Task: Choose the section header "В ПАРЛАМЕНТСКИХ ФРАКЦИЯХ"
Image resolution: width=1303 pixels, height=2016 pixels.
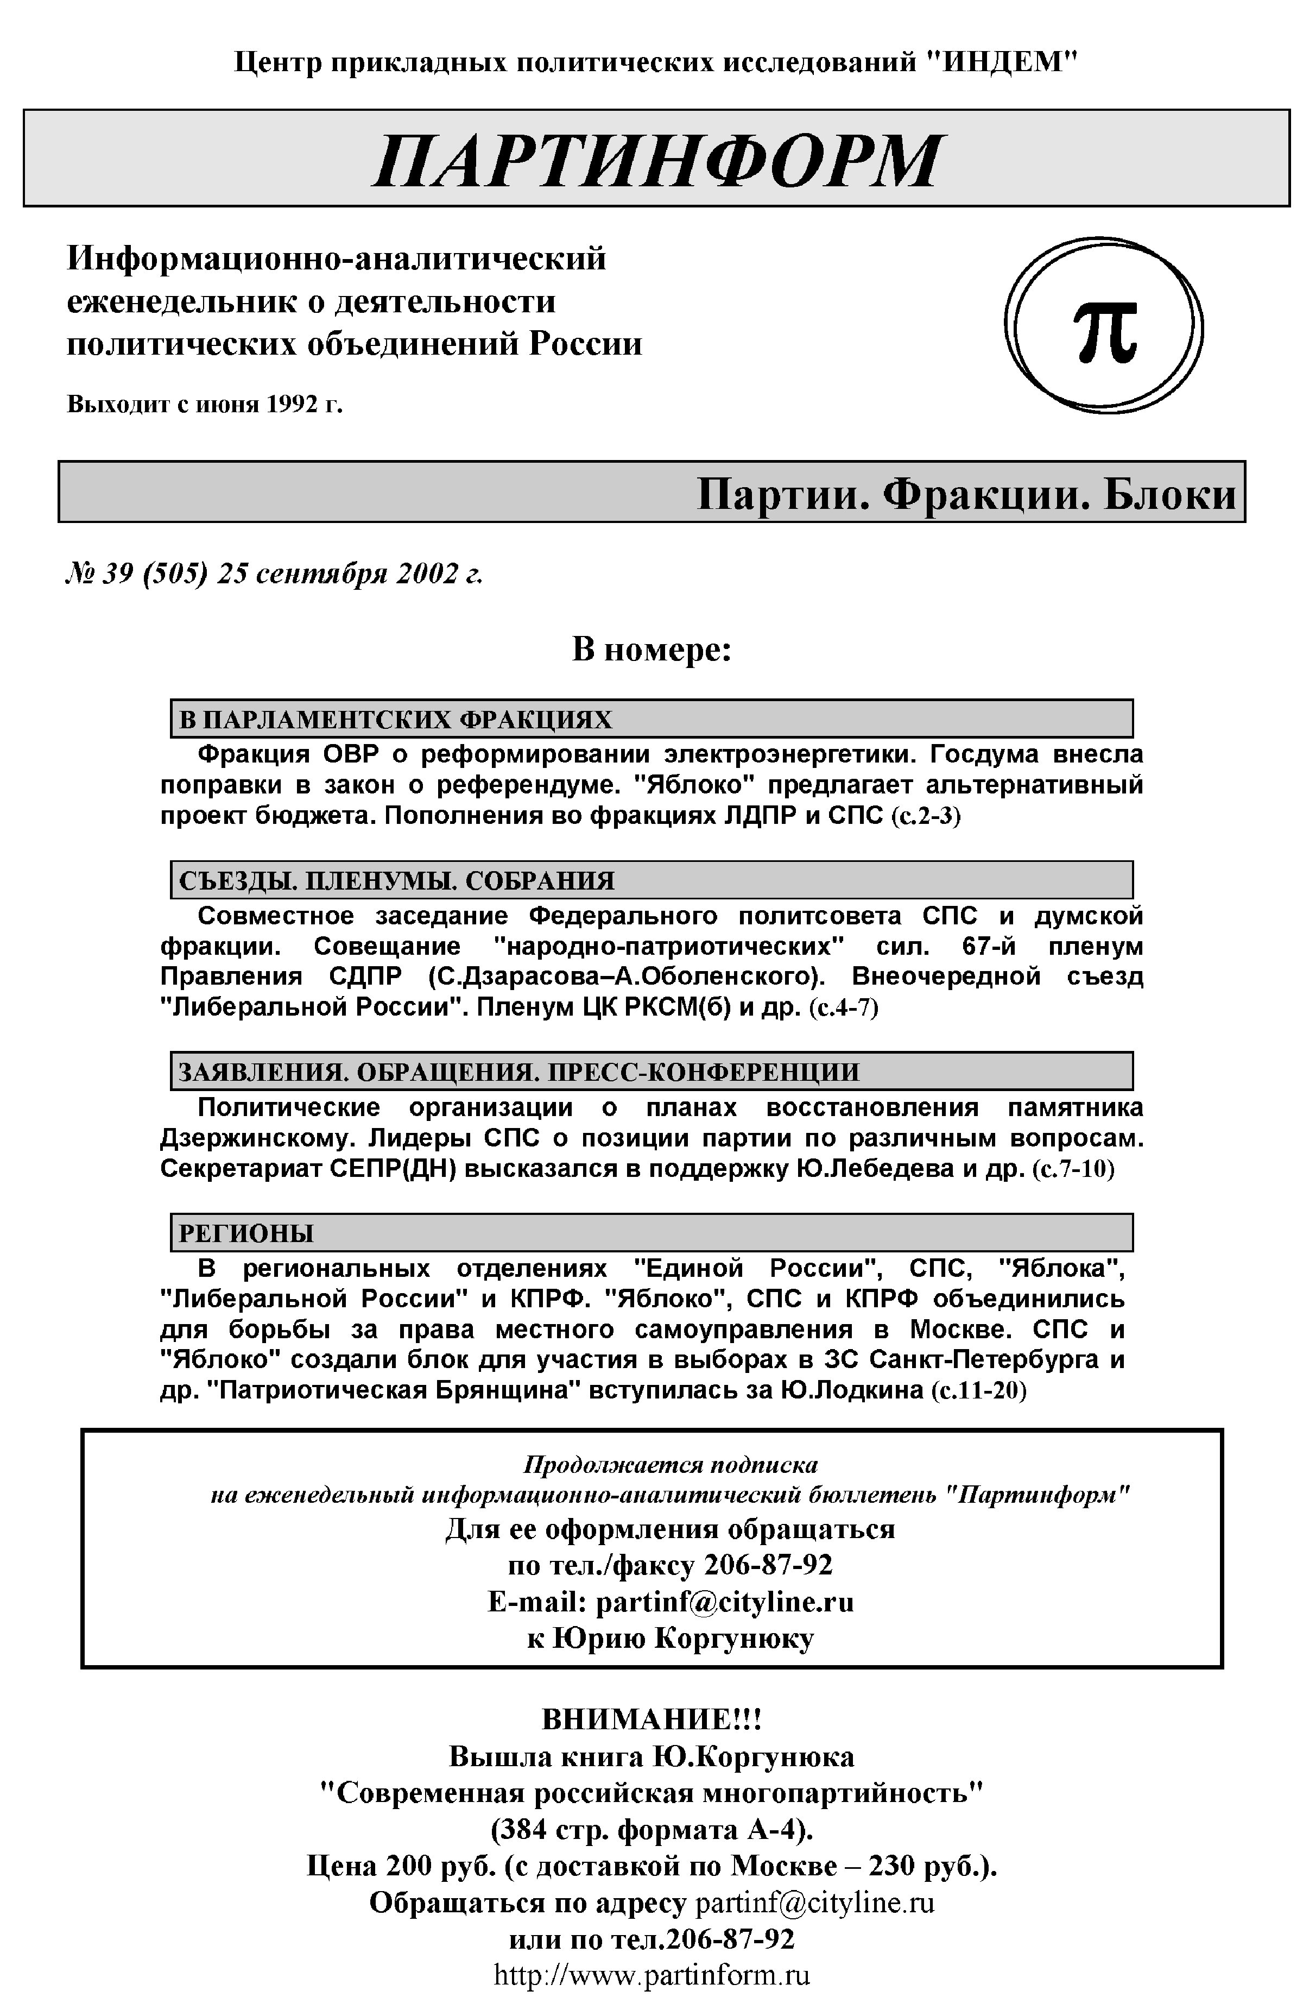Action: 395,720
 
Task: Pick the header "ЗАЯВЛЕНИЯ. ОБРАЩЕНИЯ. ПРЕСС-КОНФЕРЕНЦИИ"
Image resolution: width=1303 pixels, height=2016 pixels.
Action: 518,1072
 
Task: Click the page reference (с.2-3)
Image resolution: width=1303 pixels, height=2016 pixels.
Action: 926,817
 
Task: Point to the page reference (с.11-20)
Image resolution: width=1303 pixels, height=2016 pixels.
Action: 978,1390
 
